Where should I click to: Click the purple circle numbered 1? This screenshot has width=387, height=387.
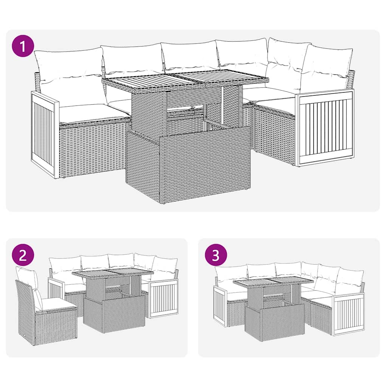[x=23, y=46]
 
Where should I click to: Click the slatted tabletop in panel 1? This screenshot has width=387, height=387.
[x=185, y=80]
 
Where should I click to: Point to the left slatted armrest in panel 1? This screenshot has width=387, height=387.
[x=45, y=134]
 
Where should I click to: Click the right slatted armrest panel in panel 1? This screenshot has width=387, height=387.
[x=325, y=127]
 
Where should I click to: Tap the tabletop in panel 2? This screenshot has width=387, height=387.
[x=112, y=272]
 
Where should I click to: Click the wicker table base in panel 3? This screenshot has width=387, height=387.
[x=274, y=322]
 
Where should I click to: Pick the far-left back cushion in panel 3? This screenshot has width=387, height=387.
[x=231, y=273]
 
